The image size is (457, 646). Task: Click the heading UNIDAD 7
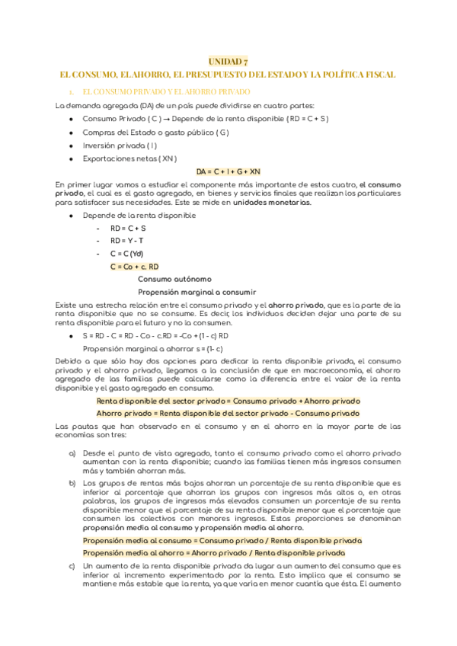[228, 62]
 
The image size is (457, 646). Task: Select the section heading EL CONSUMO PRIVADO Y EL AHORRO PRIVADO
[161, 91]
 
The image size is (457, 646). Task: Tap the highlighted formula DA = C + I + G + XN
[228, 171]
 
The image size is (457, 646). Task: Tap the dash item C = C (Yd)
[126, 254]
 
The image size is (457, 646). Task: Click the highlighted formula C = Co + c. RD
[135, 267]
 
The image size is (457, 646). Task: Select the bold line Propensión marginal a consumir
[197, 292]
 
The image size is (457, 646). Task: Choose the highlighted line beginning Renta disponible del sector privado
[228, 401]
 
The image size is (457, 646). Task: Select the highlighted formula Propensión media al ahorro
[214, 552]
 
